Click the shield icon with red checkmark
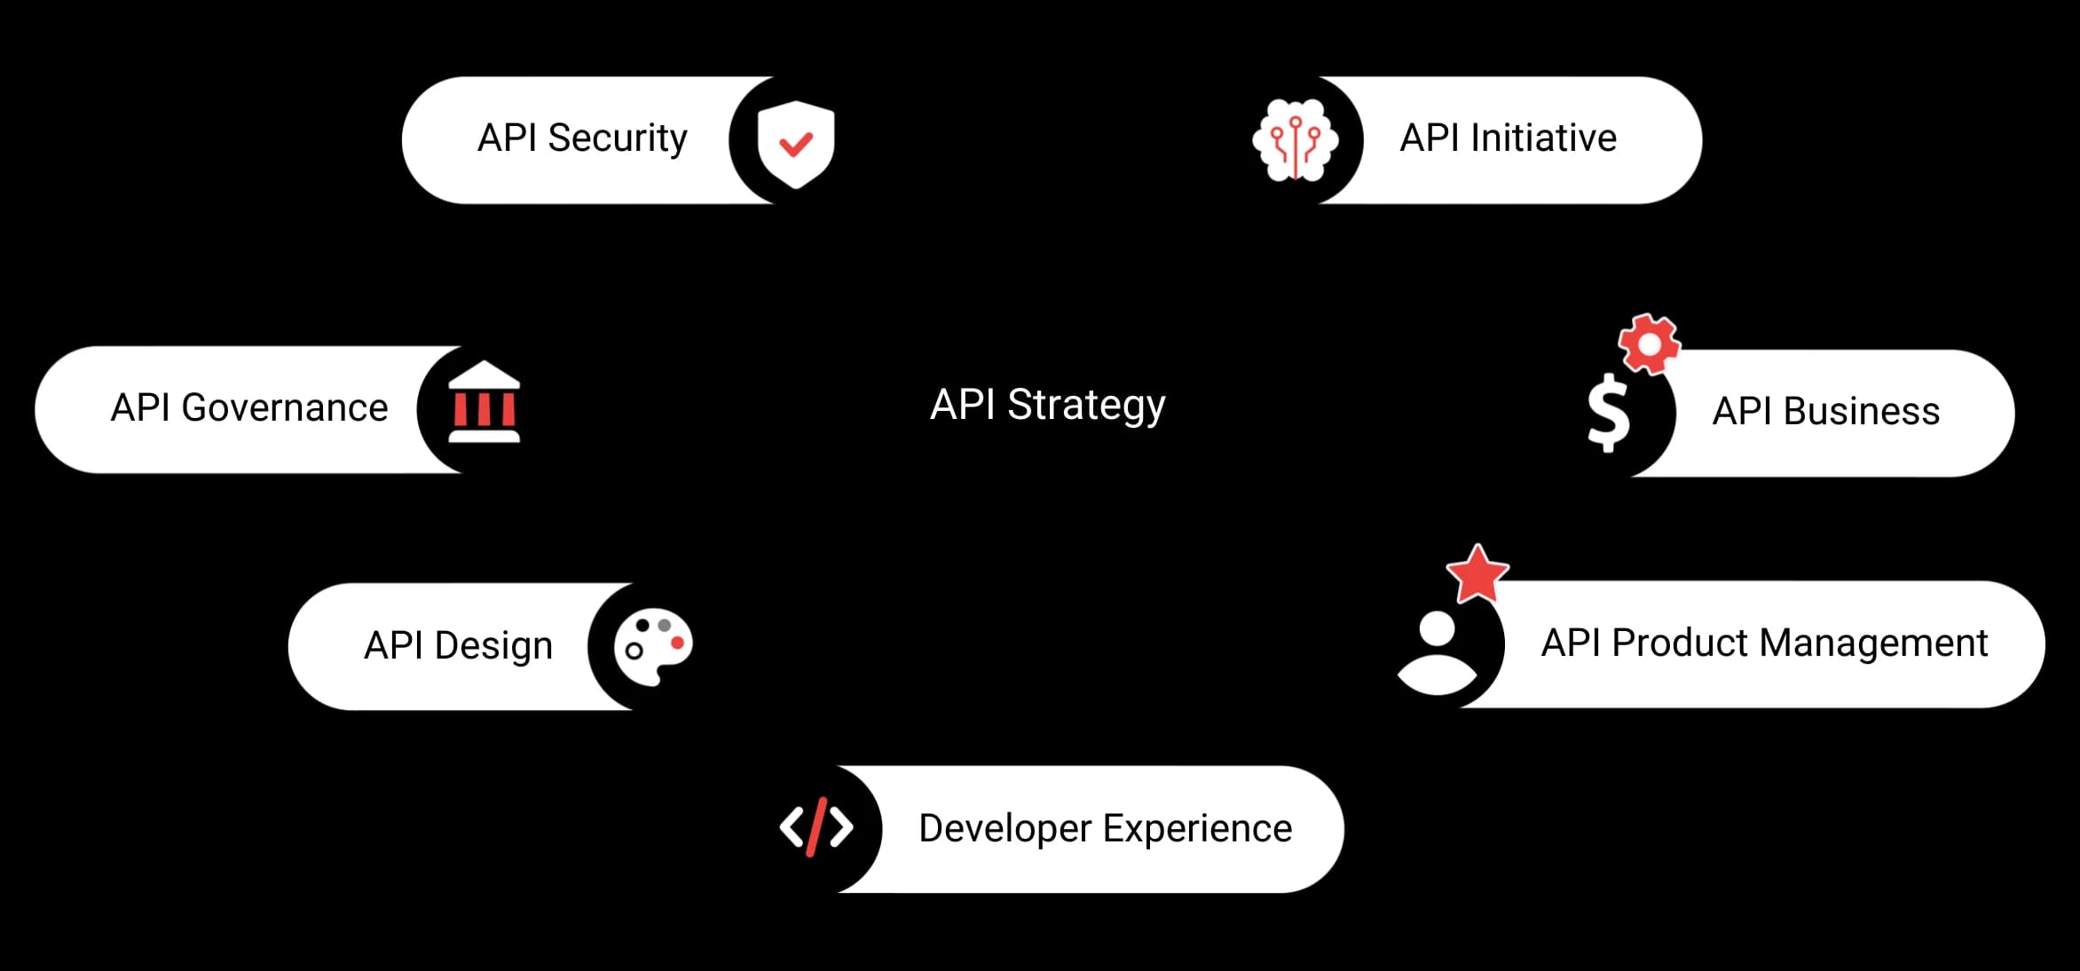point(795,143)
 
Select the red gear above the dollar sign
point(1649,343)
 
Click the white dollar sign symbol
point(1608,413)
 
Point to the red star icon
point(1477,574)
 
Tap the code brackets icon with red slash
point(816,826)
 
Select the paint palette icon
point(652,645)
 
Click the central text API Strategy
point(1047,405)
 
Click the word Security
point(617,138)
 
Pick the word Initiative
point(1543,138)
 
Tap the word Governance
point(284,408)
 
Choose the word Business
point(1861,412)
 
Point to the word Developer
point(1005,829)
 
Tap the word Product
point(1679,643)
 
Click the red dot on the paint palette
point(677,642)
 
